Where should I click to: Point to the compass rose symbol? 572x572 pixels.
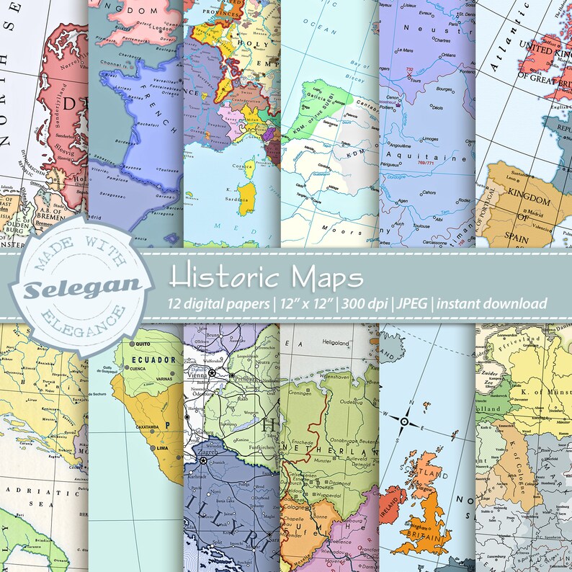405,421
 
